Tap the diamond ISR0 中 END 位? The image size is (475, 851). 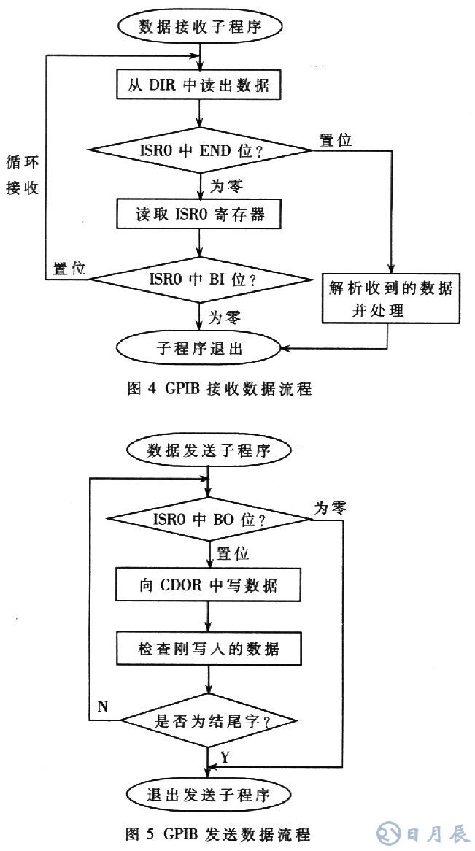tap(198, 151)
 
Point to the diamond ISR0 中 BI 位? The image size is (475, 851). tap(198, 278)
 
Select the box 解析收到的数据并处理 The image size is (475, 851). tap(391, 299)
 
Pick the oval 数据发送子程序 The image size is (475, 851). tap(209, 450)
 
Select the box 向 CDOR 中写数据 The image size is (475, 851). tap(209, 585)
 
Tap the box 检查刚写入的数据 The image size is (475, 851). tap(209, 648)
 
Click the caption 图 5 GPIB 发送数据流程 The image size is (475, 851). tap(219, 833)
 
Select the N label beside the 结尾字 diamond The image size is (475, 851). tap(103, 706)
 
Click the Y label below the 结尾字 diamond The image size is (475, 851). tap(225, 758)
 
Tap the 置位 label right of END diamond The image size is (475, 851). tap(336, 140)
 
